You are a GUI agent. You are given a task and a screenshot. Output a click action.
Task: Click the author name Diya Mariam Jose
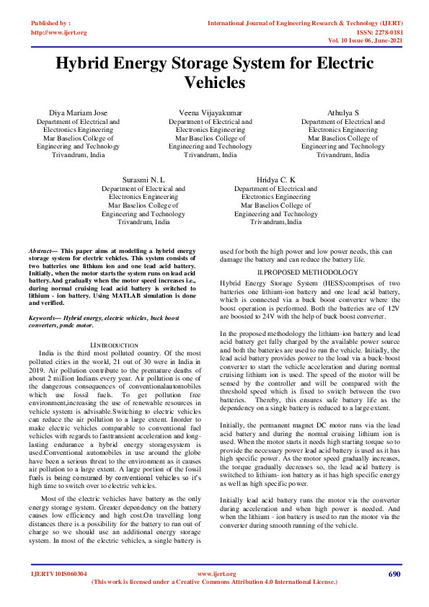point(79,114)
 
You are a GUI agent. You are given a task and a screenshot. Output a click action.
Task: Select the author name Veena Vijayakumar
point(211,114)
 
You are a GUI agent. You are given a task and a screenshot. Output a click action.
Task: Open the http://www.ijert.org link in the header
point(59,32)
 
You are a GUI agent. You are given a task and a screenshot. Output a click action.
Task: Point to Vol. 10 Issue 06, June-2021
point(363,41)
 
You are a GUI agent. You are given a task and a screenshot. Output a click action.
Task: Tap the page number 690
point(394,574)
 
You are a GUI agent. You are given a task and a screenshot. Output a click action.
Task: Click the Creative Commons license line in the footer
point(214,582)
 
